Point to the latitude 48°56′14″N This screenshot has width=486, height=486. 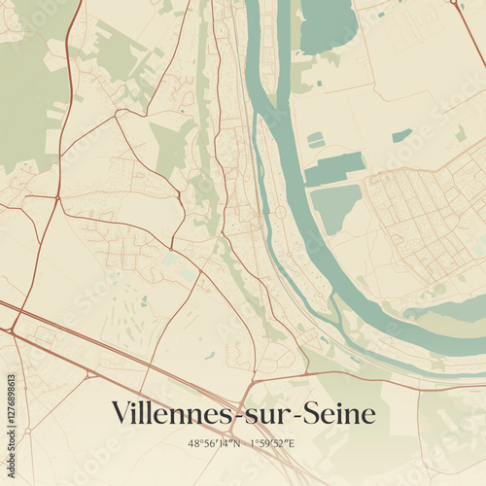(x=214, y=443)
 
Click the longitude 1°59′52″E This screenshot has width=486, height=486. (x=273, y=443)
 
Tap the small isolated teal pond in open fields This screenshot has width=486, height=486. (x=401, y=135)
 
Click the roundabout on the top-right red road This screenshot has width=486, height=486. (x=453, y=3)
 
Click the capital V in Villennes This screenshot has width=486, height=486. (x=122, y=412)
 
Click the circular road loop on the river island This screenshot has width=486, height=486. (x=280, y=212)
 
